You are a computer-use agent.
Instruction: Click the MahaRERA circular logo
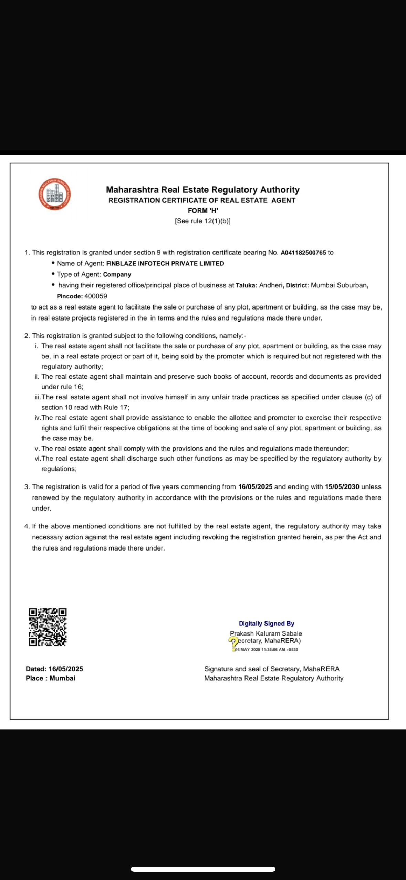click(54, 194)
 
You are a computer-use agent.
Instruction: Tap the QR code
click(48, 627)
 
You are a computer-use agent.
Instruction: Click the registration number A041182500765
click(303, 252)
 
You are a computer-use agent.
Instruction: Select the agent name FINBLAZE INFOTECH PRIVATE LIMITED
click(165, 263)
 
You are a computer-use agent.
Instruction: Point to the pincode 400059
click(96, 296)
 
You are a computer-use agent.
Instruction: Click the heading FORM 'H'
click(203, 210)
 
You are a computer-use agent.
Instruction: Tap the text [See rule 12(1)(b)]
click(203, 221)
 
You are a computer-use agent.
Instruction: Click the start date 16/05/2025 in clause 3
click(255, 486)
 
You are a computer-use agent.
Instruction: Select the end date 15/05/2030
click(342, 486)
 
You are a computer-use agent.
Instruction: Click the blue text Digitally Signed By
click(267, 623)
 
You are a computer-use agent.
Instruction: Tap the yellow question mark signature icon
click(233, 641)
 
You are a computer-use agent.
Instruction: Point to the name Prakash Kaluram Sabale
click(266, 633)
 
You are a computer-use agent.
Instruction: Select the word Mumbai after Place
click(62, 678)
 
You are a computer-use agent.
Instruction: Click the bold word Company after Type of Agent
click(117, 274)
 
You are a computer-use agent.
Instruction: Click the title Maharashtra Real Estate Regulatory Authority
click(203, 190)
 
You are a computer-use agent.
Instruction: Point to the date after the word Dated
click(66, 669)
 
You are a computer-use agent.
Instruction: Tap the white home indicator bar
click(203, 869)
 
